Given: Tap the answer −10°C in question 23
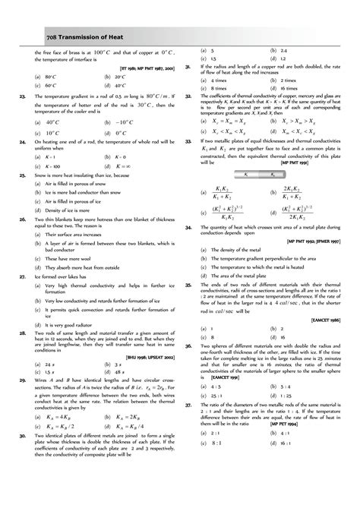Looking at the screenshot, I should (125, 121).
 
